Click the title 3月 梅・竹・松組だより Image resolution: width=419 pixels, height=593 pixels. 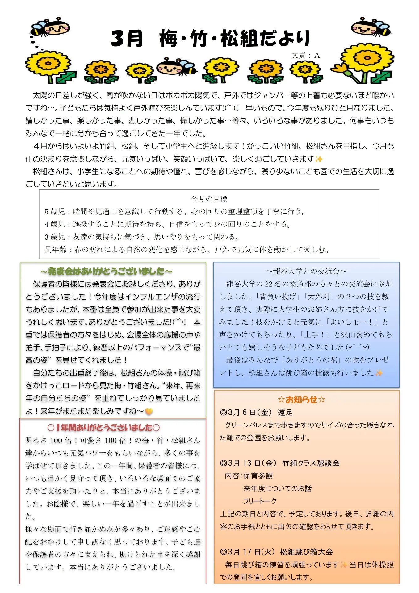(x=210, y=39)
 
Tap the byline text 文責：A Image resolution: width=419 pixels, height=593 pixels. (x=305, y=55)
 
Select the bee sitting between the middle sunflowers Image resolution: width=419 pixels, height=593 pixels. (x=176, y=66)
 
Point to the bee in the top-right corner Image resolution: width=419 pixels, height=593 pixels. (x=371, y=27)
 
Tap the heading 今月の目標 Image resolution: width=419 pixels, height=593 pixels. (x=209, y=199)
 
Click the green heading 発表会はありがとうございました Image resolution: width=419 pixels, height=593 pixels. (x=106, y=271)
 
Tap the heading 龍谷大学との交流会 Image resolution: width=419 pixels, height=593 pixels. (x=306, y=271)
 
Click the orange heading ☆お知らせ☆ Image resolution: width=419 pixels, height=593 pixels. (x=301, y=400)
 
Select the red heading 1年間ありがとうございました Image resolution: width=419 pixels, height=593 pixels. (x=104, y=427)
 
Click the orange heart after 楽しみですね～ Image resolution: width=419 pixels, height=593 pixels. (x=149, y=411)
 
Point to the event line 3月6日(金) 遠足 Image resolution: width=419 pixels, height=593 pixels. (x=256, y=412)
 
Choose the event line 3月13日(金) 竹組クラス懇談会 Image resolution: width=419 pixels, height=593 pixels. (x=280, y=463)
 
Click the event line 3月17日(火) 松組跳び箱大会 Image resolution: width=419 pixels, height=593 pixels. (x=276, y=552)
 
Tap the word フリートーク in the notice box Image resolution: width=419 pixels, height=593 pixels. (x=260, y=501)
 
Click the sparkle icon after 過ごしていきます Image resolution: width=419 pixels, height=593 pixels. (x=319, y=159)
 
